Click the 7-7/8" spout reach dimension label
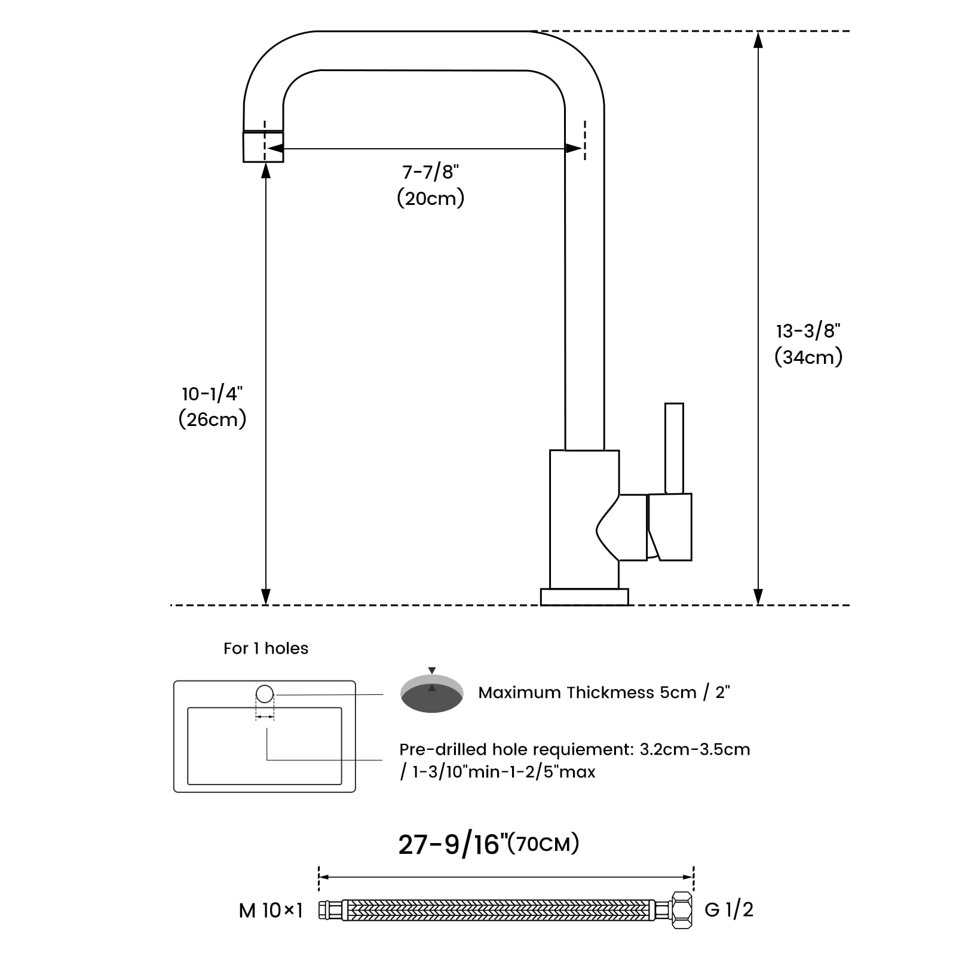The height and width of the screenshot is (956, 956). [430, 172]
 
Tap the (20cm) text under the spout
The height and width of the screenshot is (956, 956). [430, 198]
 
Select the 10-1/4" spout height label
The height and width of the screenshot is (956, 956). [212, 394]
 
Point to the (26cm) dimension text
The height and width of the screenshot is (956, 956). [212, 419]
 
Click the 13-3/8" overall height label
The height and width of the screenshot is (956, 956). [808, 331]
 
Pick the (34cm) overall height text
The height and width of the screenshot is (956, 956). [808, 357]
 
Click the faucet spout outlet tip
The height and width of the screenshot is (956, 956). [263, 146]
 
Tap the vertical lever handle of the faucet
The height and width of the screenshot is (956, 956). [674, 448]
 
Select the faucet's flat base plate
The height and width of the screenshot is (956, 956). [584, 597]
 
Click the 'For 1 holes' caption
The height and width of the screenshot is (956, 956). [266, 648]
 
